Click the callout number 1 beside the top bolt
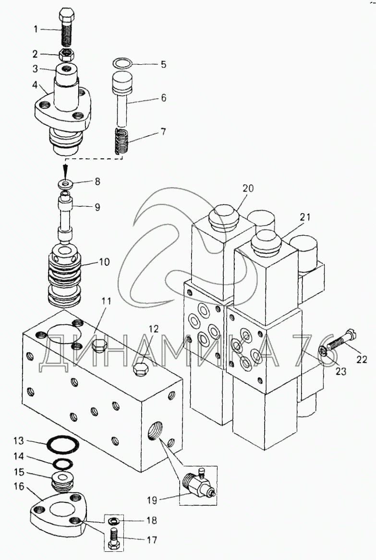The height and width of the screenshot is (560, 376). pyautogui.click(x=36, y=29)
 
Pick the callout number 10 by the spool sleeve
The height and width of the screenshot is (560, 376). pyautogui.click(x=104, y=262)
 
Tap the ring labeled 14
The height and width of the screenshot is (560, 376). pyautogui.click(x=62, y=463)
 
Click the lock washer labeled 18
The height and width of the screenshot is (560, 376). pyautogui.click(x=113, y=521)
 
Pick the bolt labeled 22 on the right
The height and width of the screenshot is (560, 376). pyautogui.click(x=342, y=339)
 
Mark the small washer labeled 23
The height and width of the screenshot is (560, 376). pyautogui.click(x=323, y=352)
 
